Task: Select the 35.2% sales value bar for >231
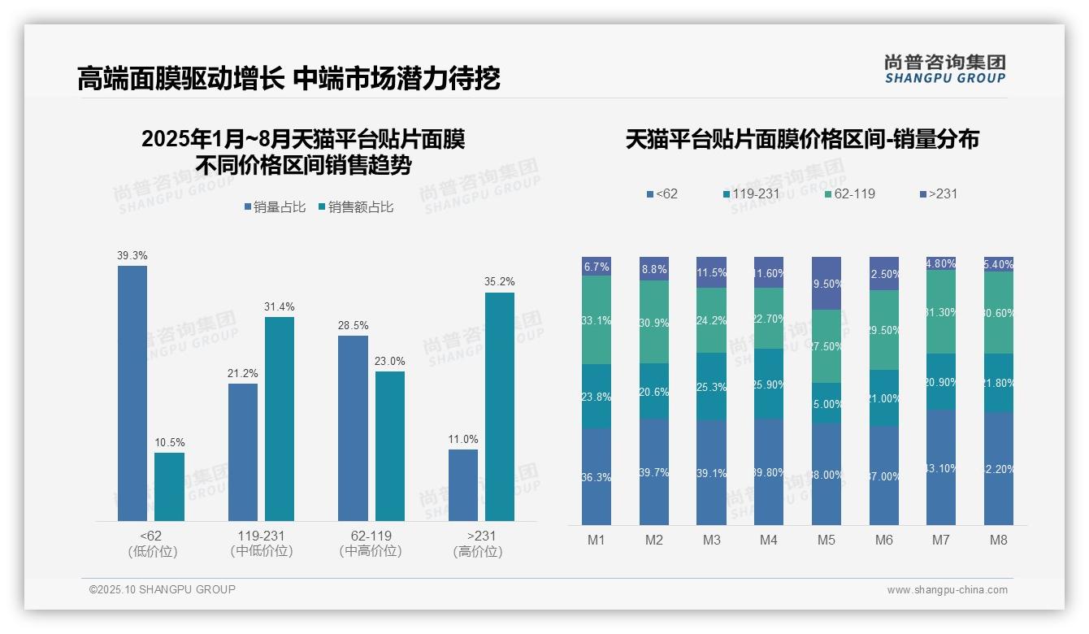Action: (x=500, y=406)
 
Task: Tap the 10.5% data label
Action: (x=169, y=443)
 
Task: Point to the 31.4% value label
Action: (x=279, y=307)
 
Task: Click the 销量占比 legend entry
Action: (x=275, y=207)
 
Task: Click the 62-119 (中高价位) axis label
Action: (x=371, y=544)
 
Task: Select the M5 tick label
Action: (x=826, y=541)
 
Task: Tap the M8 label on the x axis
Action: (x=999, y=541)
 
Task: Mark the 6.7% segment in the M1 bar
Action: (x=597, y=267)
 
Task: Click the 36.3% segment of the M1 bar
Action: (x=597, y=476)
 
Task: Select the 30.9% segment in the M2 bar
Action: (x=653, y=322)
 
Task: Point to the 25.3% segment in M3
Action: (x=711, y=386)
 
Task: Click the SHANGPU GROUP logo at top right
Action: (x=944, y=69)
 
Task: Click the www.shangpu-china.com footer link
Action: (x=947, y=590)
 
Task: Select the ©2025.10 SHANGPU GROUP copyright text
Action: (x=162, y=590)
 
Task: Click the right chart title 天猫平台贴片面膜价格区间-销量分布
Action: (x=801, y=140)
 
